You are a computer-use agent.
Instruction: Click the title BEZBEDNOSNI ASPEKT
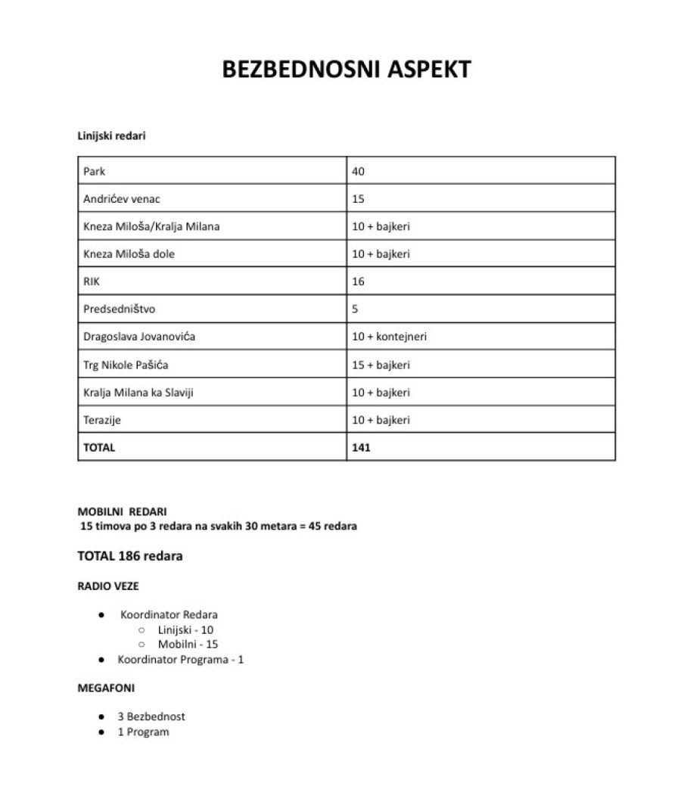pos(347,69)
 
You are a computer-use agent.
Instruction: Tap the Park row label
pos(95,172)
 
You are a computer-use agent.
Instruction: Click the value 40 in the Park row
pos(359,172)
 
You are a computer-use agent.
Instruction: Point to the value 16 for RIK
pos(359,281)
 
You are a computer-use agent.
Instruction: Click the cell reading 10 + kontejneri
pos(389,337)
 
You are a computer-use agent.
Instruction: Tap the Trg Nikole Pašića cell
pos(126,365)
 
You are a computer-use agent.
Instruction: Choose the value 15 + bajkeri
pos(381,365)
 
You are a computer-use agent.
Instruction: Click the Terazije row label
pos(102,420)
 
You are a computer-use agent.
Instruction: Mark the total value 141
pos(362,447)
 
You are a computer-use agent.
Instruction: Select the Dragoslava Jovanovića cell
pos(139,337)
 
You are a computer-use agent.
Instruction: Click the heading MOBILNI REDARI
pos(123,511)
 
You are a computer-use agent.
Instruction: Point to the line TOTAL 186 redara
pos(130,556)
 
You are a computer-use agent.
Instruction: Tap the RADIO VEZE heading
pos(108,586)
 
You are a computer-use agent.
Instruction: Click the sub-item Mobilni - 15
pos(188,644)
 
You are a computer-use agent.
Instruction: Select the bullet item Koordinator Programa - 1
pos(180,659)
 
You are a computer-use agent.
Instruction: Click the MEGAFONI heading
pos(106,689)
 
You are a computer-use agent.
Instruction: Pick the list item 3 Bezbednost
pos(151,716)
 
